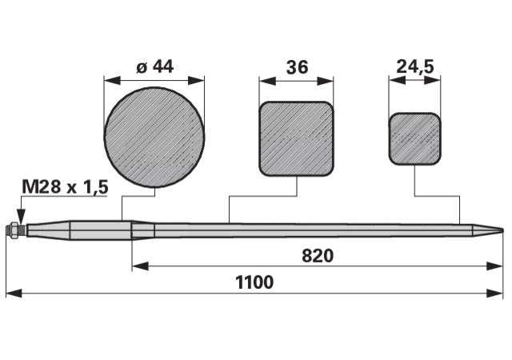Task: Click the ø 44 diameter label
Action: (154, 66)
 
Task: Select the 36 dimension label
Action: (297, 67)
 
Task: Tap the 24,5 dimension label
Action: (415, 67)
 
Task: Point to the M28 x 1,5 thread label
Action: (65, 187)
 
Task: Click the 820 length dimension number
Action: (318, 256)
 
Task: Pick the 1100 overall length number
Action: (254, 282)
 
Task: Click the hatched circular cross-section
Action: (154, 138)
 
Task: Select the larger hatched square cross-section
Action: (297, 139)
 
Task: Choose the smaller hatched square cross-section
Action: (414, 138)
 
